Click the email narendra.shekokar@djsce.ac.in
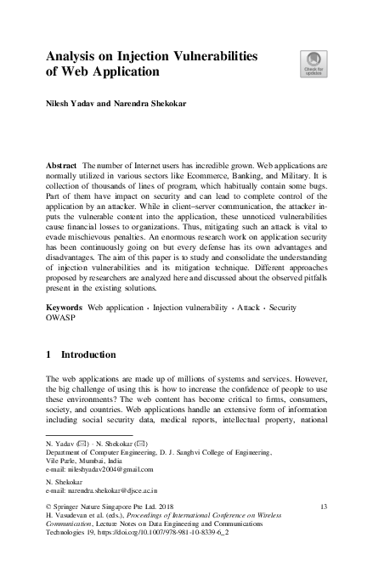pyautogui.click(x=103, y=491)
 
